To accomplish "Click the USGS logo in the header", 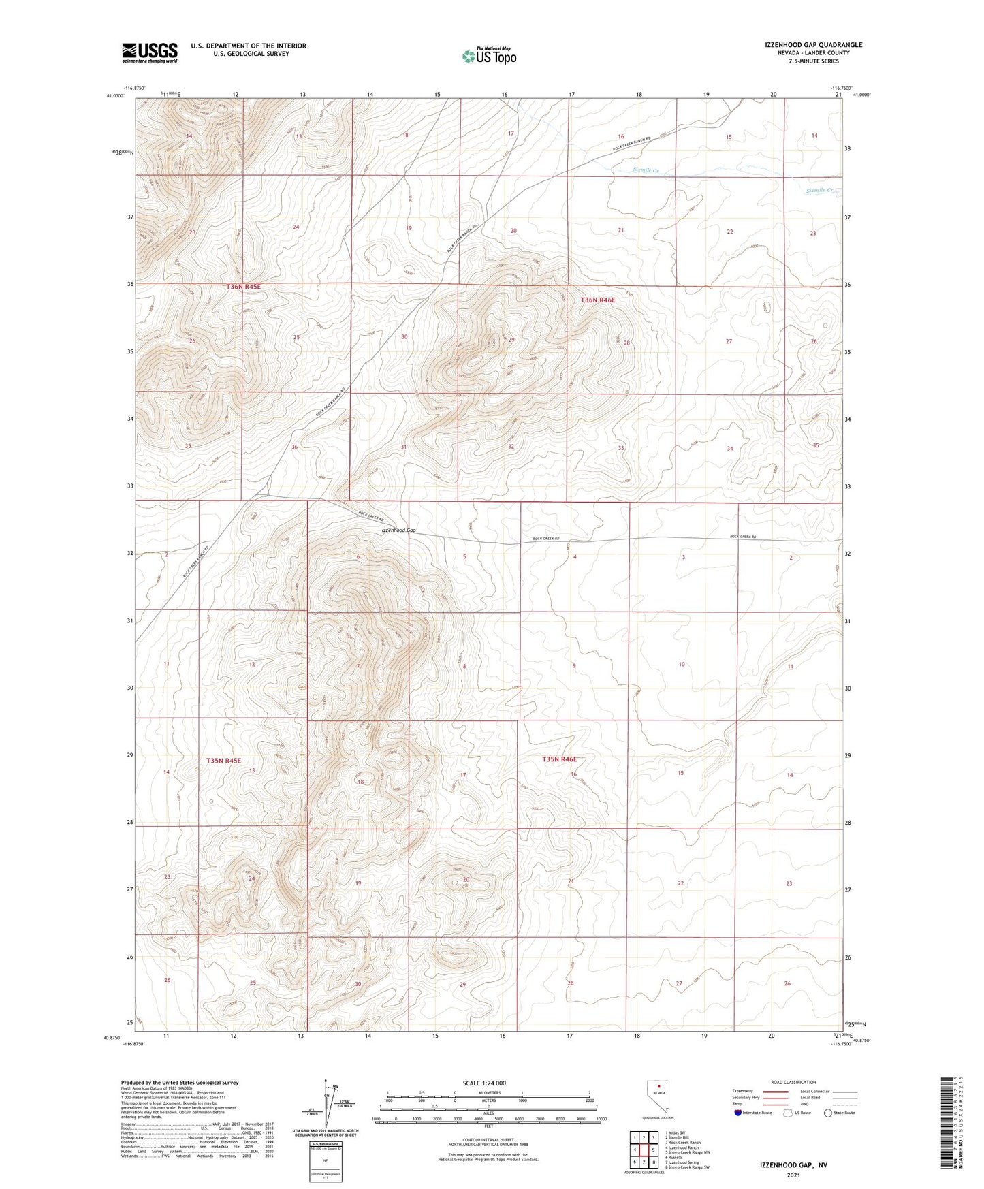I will coord(150,52).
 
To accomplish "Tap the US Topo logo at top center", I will coord(488,56).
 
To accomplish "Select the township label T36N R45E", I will coord(244,287).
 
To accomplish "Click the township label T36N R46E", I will coord(598,300).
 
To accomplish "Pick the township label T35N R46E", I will coord(559,759).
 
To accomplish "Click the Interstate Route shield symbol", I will coord(739,1113).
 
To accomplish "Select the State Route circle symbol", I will coord(828,1113).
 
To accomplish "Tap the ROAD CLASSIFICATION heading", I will coord(793,1082).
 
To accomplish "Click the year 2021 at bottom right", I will coord(793,1156).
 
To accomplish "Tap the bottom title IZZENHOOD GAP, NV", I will coord(793,1146).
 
